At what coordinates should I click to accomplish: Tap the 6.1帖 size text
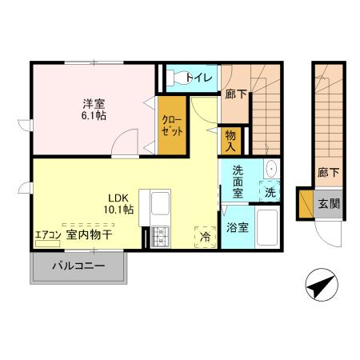93,115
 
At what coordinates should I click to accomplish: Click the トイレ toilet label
201,78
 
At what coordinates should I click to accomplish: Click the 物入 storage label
231,141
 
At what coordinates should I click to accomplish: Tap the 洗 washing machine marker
270,193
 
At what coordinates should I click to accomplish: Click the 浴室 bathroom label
238,226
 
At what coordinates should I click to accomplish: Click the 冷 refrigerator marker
206,237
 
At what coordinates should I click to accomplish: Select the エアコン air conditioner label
46,235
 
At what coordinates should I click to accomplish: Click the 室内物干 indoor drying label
89,235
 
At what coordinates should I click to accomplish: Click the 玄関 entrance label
330,203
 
